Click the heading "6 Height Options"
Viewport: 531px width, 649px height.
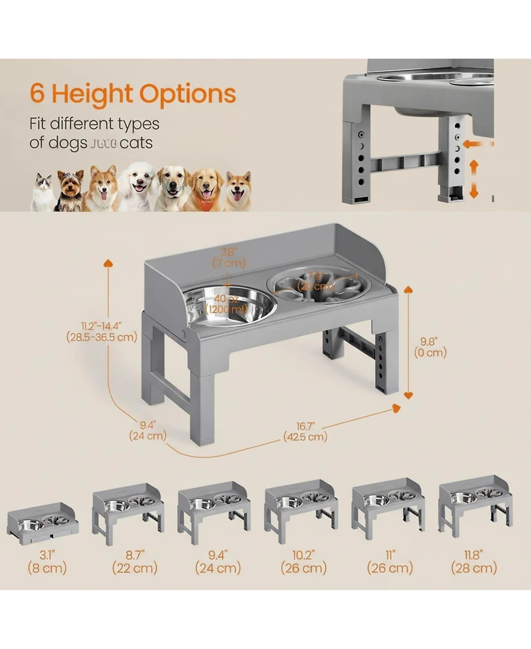point(133,94)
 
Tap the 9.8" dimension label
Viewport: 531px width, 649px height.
point(432,347)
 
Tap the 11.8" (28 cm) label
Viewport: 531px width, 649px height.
point(473,561)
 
